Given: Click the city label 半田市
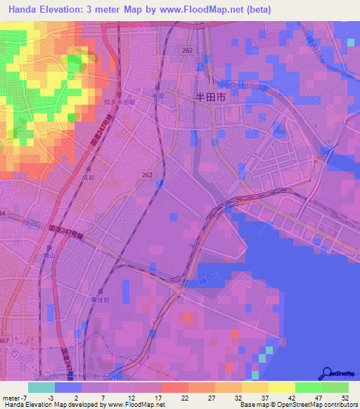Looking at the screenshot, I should pos(210,100).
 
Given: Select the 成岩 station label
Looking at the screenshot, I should pos(86,178).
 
